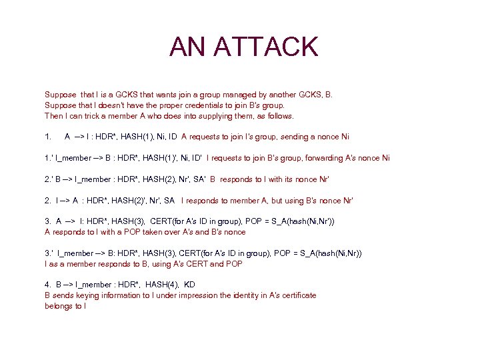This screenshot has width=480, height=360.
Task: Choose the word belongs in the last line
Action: [59, 306]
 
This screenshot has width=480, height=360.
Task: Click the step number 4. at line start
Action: [48, 285]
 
